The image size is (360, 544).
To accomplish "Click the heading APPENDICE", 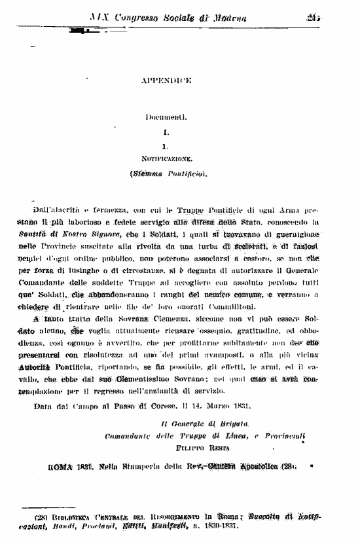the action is tap(166, 81).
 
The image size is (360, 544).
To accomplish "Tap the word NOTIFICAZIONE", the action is tap(166, 159).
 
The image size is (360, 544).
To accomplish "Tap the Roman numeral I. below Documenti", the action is tap(166, 132).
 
